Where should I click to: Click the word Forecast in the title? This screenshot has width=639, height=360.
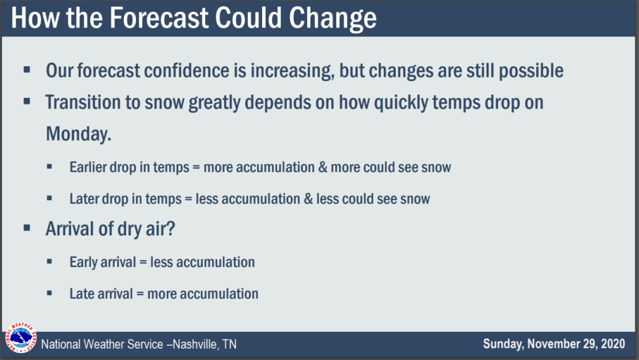(159, 17)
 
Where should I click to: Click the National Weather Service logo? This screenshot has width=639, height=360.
(21, 338)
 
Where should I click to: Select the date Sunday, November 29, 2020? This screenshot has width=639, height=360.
(554, 344)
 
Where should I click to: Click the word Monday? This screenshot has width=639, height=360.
(78, 134)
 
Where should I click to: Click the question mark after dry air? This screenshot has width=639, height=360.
(171, 228)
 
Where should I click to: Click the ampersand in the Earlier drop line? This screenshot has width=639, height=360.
(323, 167)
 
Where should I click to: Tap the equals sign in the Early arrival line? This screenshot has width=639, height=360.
(143, 262)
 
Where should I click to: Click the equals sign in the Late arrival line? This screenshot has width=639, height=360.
(140, 294)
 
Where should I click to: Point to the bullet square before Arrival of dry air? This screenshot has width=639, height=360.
(27, 228)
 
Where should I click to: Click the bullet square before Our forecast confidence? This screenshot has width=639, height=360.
(27, 70)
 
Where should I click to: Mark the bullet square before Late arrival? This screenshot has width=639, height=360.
(49, 293)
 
